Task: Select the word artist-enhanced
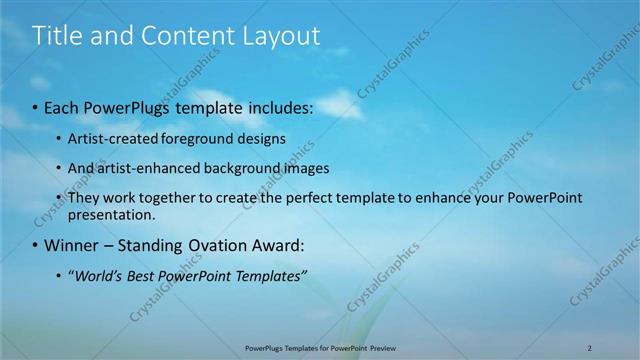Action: tap(146, 168)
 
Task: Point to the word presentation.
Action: tap(111, 214)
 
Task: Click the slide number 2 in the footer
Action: tap(590, 347)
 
